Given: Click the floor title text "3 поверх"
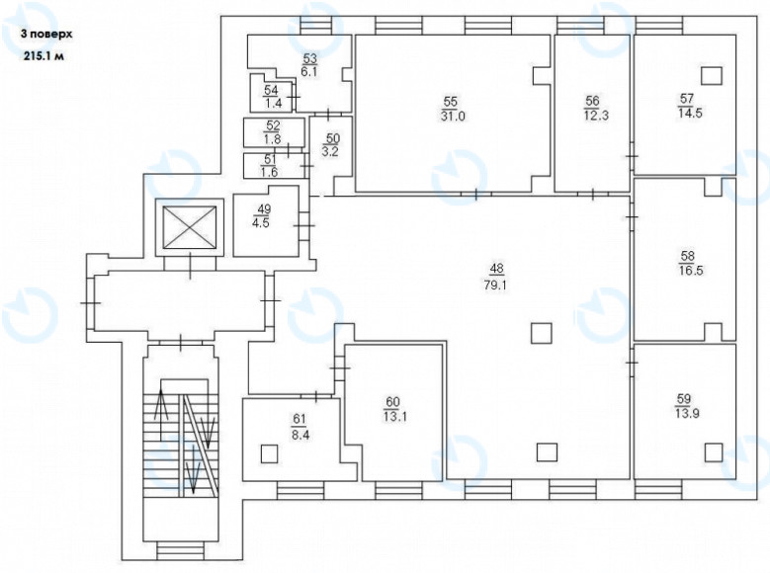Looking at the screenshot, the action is [46, 35].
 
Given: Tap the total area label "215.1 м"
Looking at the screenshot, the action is [44, 56].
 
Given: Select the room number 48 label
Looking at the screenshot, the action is [496, 269].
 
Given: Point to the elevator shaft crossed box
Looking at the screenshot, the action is [190, 227].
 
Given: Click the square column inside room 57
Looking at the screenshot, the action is [712, 76].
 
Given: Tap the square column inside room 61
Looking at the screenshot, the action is [269, 453].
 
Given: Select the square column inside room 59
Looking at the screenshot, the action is [714, 452].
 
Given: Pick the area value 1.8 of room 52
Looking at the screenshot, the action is [273, 139].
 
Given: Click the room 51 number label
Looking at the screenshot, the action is [270, 160].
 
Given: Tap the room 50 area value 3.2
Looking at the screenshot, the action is [330, 152].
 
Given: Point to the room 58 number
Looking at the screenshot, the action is [688, 256].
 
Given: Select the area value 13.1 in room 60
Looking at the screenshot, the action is [394, 417].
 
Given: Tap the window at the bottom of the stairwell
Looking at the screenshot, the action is [180, 550].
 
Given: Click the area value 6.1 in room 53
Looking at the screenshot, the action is [309, 72].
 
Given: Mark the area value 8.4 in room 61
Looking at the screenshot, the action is [300, 435].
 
